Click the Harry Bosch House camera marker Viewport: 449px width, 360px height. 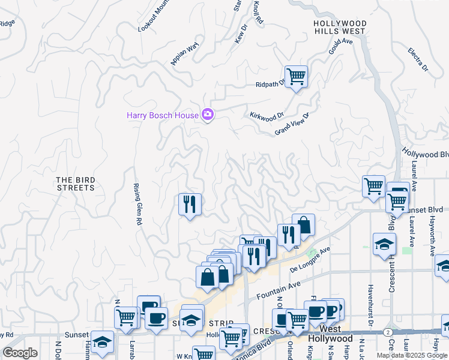click(208, 114)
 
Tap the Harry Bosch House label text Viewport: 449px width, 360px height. click(162, 115)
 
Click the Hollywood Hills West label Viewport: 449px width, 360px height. click(340, 27)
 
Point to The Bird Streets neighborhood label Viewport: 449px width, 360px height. click(75, 184)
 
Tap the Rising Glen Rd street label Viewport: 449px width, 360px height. click(137, 204)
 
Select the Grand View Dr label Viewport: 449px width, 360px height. click(292, 124)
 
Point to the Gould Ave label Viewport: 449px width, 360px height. click(340, 46)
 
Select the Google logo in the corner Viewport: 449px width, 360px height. click(20, 352)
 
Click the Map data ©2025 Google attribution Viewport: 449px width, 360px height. click(412, 355)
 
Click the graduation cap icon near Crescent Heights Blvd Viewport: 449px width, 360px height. click(384, 244)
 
